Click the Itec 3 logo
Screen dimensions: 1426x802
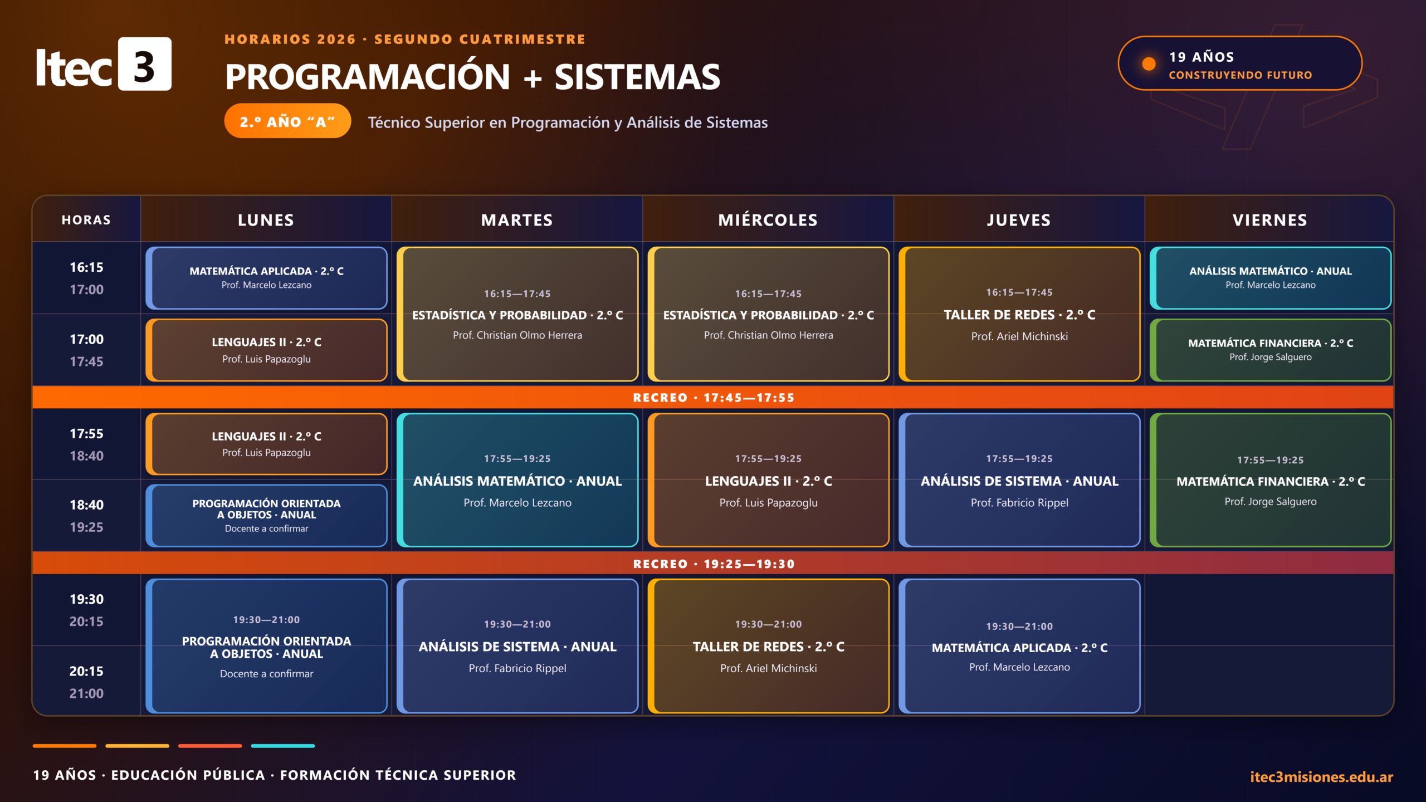tap(104, 64)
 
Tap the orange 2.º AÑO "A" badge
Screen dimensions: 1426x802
tap(287, 121)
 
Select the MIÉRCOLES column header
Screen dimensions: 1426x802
tap(768, 220)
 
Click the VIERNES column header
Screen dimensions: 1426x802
tap(1270, 220)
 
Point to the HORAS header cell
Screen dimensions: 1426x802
tap(86, 220)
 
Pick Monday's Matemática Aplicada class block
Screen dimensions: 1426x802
tap(266, 278)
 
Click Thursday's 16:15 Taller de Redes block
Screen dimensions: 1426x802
tap(1019, 314)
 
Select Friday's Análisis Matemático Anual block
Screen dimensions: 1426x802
tap(1271, 278)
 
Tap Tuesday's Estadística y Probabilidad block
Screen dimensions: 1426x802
tap(517, 314)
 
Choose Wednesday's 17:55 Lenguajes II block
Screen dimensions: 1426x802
tap(769, 480)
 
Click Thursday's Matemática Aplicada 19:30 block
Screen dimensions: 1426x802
tap(1019, 646)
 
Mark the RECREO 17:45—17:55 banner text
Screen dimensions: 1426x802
tap(714, 398)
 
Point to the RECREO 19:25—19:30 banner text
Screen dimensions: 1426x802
tap(714, 564)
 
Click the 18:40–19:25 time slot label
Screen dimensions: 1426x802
tap(86, 516)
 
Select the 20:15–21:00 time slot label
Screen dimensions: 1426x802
tap(86, 682)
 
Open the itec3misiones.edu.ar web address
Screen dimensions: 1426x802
tap(1321, 776)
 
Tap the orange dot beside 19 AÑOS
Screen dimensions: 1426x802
tap(1149, 64)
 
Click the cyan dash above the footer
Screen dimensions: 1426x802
tap(283, 746)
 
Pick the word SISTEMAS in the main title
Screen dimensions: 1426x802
tap(637, 77)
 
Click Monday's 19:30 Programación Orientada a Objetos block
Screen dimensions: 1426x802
tap(266, 646)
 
